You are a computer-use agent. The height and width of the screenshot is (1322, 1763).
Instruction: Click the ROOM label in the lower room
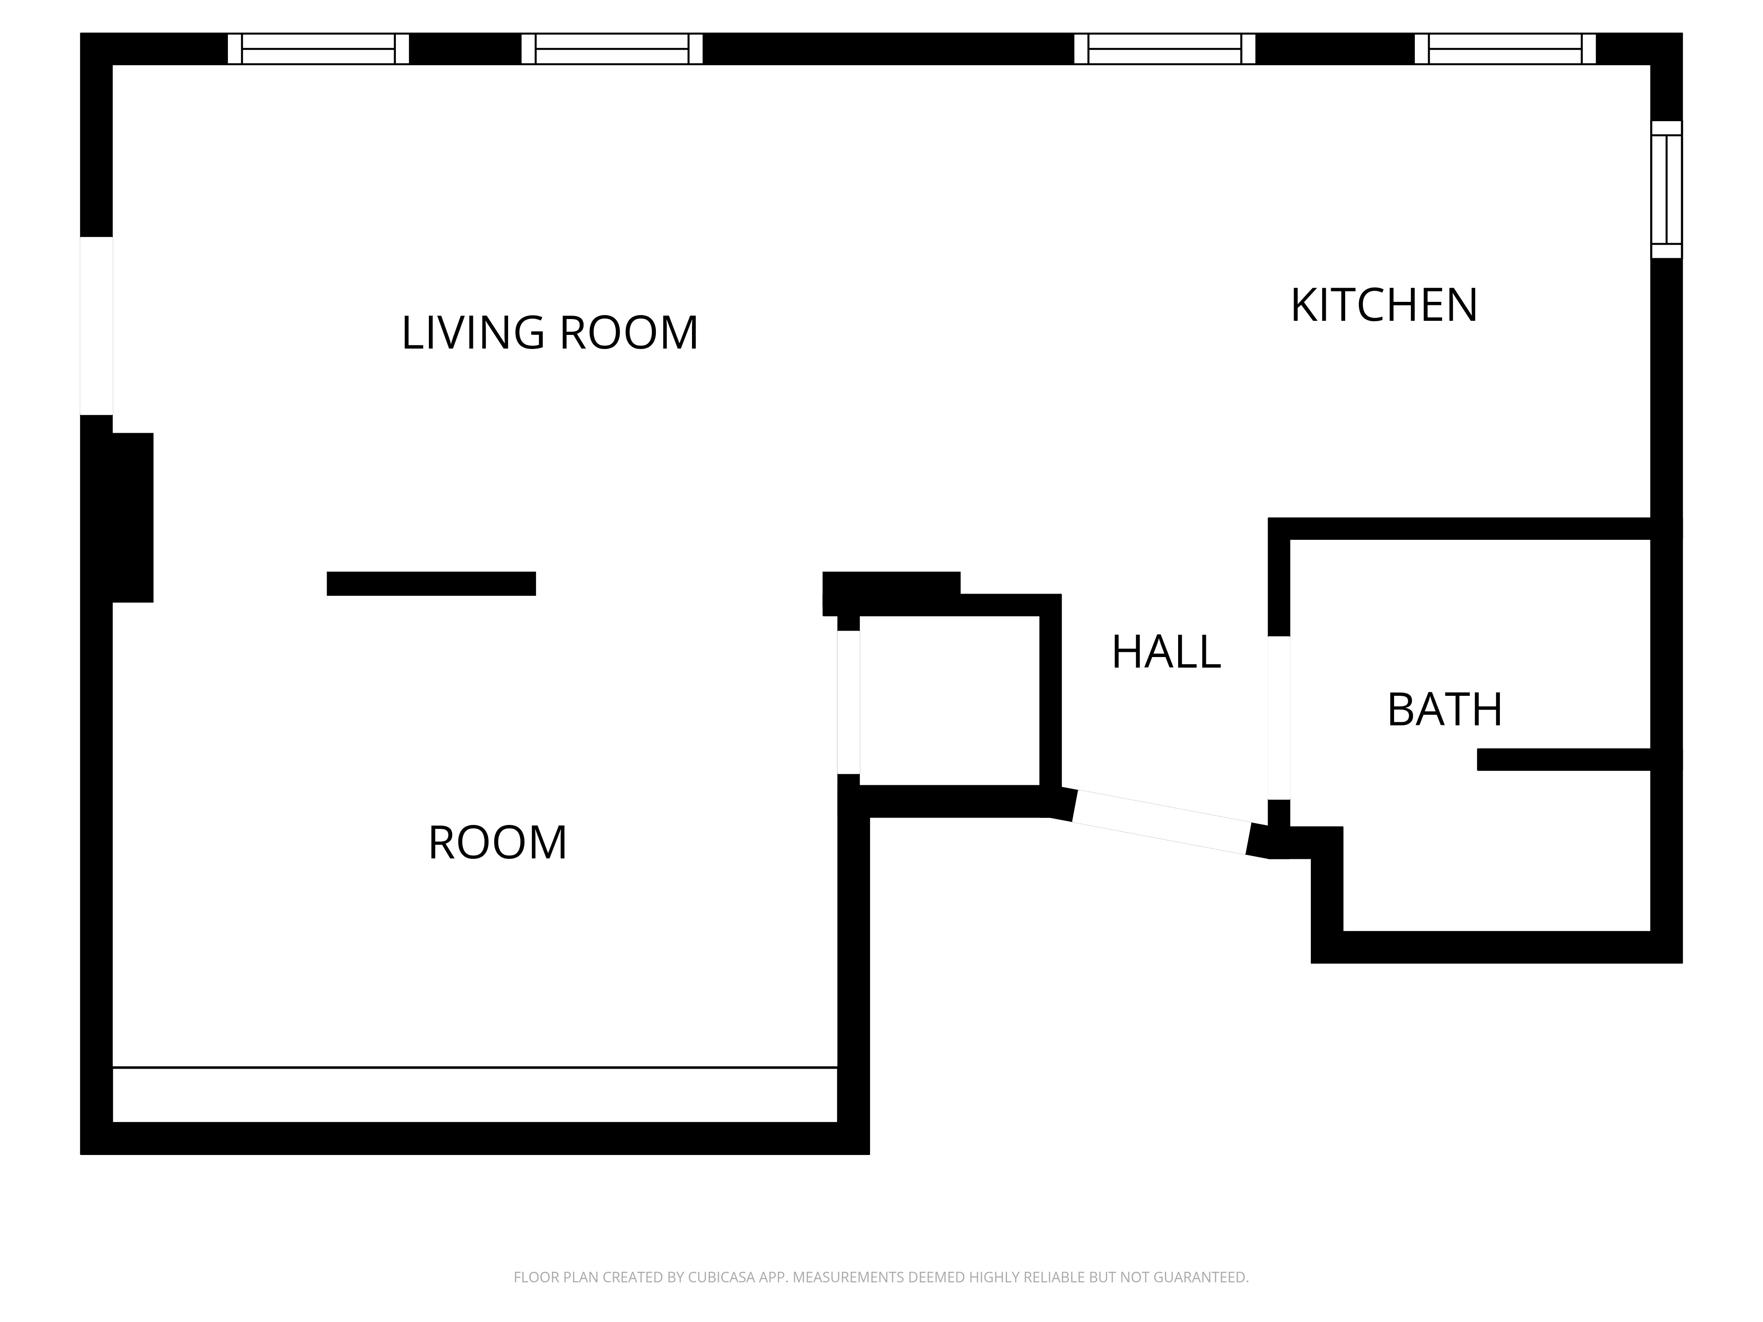497,842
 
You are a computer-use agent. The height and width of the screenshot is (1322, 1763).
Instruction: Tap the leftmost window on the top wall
318,48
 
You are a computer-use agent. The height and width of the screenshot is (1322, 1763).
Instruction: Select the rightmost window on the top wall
1505,48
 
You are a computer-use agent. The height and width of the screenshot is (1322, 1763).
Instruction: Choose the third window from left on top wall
1164,48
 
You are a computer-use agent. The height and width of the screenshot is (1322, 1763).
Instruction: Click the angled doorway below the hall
1161,822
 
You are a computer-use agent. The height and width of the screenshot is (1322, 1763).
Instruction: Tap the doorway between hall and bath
1279,718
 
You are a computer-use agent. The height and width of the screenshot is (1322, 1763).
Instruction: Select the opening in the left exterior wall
97,326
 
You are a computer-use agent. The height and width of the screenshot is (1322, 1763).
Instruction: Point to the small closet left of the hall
949,701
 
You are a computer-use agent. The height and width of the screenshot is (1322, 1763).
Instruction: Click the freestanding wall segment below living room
431,583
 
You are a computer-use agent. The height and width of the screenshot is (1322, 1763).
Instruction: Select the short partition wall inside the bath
1563,759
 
